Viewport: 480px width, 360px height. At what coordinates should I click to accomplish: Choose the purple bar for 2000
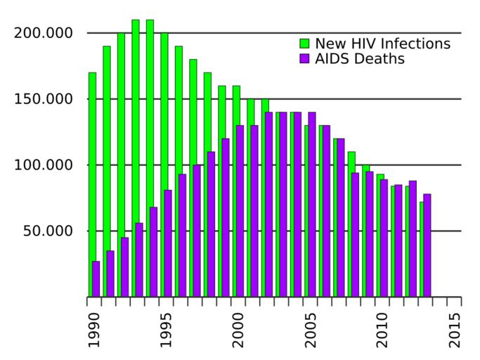click(x=240, y=211)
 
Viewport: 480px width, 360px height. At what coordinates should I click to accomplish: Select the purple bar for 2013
click(x=427, y=245)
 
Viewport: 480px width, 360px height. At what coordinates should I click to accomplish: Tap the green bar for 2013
click(x=422, y=250)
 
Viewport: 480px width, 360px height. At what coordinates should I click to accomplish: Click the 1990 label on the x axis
click(x=95, y=329)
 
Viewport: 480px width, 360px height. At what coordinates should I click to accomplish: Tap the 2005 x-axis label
click(x=311, y=329)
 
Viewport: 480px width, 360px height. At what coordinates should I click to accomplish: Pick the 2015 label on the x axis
click(x=455, y=329)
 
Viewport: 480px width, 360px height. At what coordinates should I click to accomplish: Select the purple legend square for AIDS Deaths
click(x=304, y=59)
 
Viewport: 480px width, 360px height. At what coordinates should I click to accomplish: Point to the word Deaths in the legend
click(x=380, y=59)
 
